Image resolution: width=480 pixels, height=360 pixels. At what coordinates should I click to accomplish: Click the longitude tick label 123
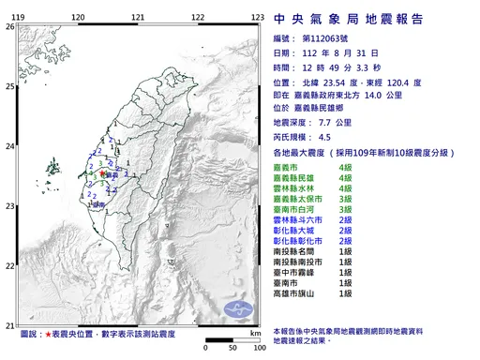click(256, 18)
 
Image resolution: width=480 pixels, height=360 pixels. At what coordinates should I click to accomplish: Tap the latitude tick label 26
click(9, 27)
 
